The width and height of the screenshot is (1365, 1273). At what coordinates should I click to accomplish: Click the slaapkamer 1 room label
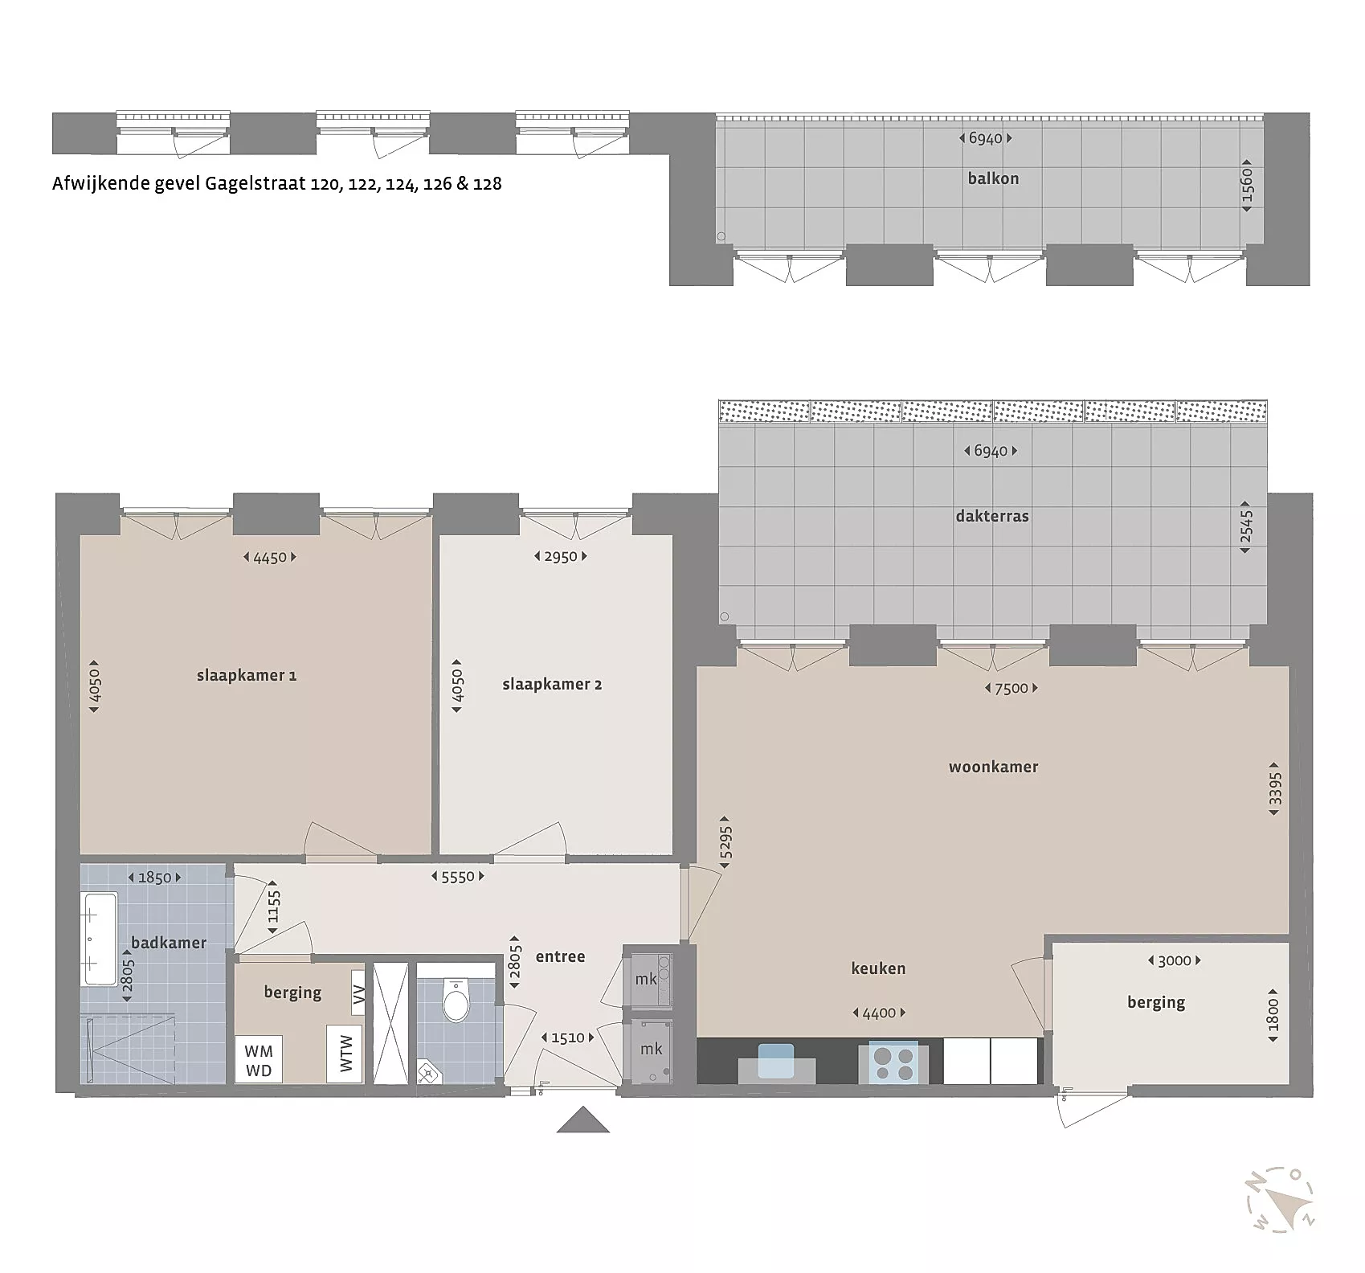247,675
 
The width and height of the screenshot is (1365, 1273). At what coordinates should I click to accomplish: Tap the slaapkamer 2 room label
552,684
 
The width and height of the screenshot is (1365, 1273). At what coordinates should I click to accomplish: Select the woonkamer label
994,767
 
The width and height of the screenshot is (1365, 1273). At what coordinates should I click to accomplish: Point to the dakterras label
992,516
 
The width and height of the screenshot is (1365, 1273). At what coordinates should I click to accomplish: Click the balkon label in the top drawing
994,178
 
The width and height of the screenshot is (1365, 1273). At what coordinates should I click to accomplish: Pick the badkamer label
169,942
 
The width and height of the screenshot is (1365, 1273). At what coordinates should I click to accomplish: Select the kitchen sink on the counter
776,1060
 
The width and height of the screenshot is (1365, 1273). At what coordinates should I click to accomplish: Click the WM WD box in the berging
259,1060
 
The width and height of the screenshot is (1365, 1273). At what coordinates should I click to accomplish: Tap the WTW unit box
345,1054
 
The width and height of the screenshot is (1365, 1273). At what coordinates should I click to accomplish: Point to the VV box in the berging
358,993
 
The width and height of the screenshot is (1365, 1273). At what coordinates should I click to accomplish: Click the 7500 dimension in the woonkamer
1011,688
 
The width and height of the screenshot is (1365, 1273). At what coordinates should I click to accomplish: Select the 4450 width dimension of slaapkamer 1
270,557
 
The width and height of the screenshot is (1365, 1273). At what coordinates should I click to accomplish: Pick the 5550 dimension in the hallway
458,877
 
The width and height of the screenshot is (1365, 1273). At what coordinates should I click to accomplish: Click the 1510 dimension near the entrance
568,1038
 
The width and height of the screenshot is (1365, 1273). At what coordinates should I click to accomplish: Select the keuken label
878,968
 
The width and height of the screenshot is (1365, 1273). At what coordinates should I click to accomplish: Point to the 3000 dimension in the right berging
1174,960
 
